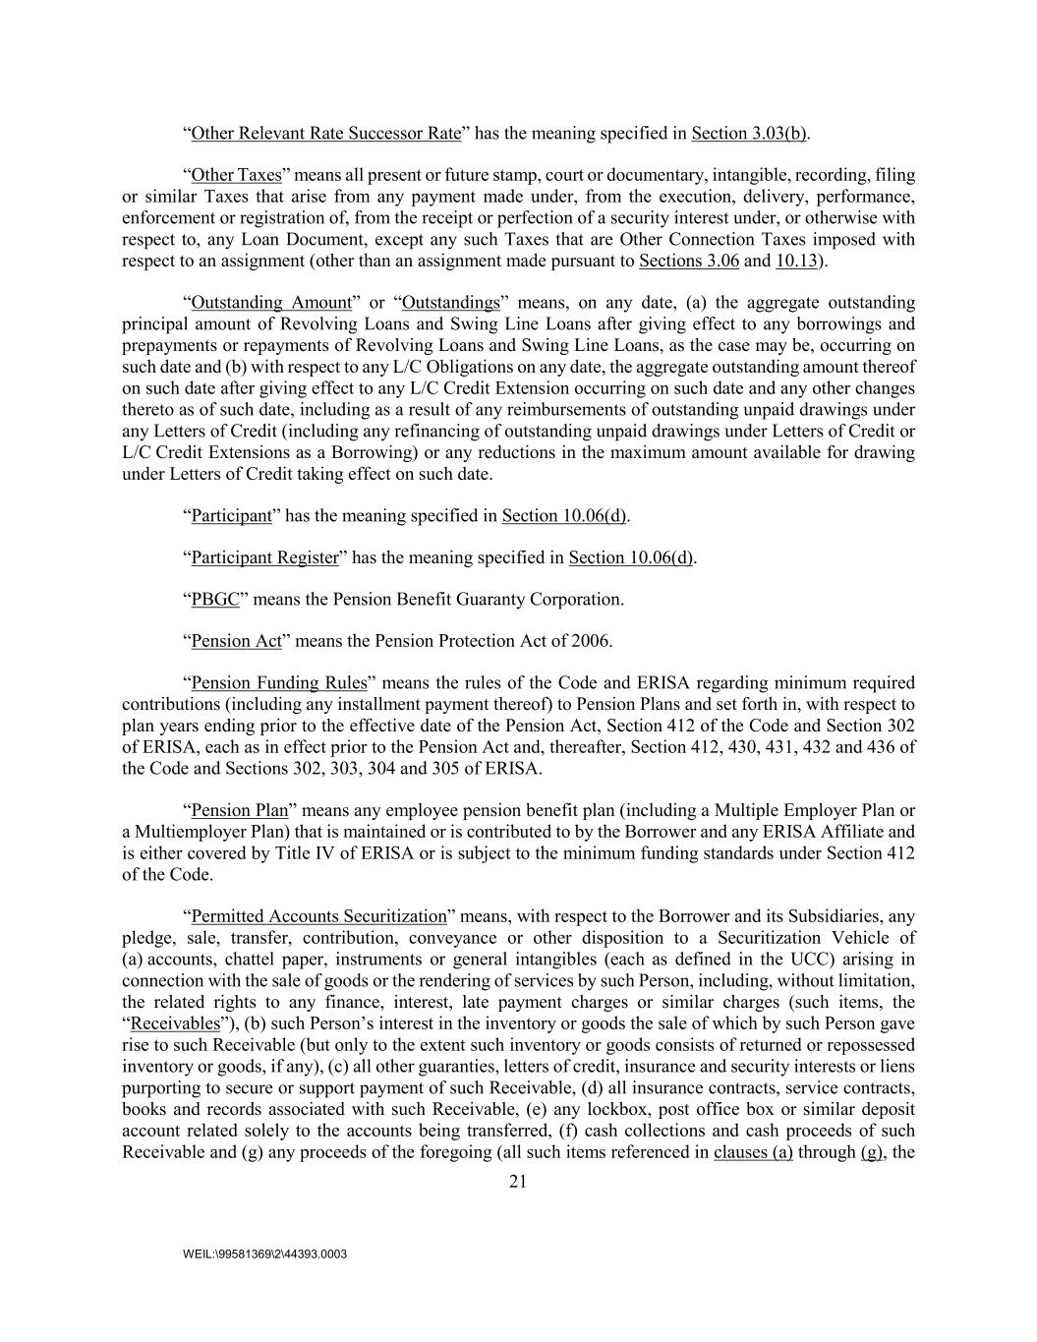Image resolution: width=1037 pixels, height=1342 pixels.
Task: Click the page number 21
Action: [x=518, y=1182]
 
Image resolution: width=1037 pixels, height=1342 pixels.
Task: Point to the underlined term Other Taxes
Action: [x=236, y=175]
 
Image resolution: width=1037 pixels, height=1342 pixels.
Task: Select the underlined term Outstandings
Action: [x=451, y=302]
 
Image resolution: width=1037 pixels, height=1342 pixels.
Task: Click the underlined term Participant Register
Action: [x=264, y=557]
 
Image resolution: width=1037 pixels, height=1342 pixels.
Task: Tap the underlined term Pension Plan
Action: [x=239, y=810]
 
